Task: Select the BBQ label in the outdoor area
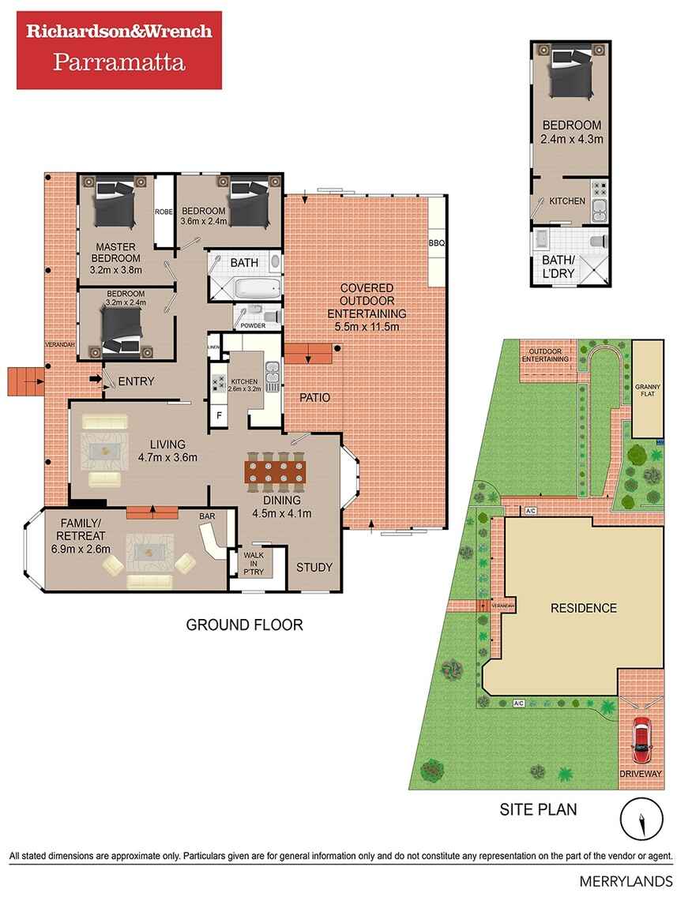(437, 243)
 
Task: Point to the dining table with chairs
(273, 471)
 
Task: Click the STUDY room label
(314, 567)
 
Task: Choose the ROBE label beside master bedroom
(164, 212)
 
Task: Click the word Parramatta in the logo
(119, 62)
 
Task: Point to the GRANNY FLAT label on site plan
(646, 391)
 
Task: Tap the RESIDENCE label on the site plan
(583, 608)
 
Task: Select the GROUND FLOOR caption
(244, 625)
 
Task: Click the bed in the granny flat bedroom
(570, 72)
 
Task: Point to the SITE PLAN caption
(538, 809)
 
